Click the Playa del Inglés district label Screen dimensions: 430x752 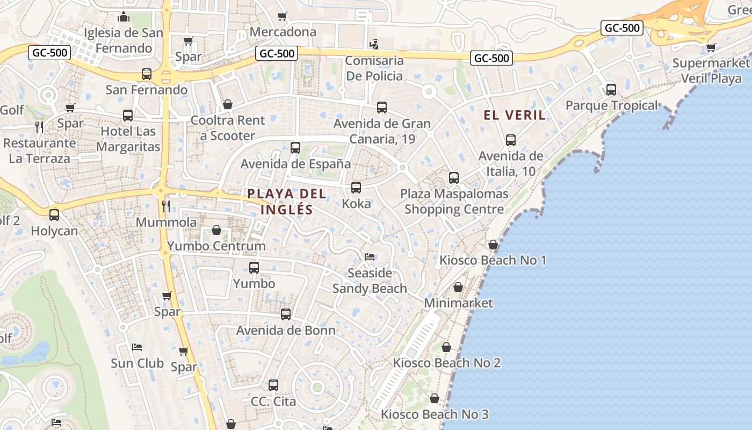click(x=286, y=201)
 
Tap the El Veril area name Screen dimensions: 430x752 click(x=515, y=115)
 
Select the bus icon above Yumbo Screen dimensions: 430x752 click(x=254, y=267)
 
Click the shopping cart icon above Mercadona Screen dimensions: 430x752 click(x=283, y=16)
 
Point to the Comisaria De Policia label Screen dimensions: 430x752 click(x=374, y=68)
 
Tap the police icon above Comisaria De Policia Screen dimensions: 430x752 click(x=374, y=44)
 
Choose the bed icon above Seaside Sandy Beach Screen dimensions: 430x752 click(x=370, y=256)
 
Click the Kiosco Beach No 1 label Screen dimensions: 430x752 click(x=493, y=261)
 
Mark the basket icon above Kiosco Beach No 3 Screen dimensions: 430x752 click(x=435, y=398)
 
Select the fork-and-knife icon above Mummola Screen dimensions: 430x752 click(x=166, y=206)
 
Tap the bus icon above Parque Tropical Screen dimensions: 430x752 click(x=611, y=89)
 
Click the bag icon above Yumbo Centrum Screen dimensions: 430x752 click(x=216, y=230)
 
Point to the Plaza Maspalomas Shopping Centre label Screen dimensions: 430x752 click(x=454, y=201)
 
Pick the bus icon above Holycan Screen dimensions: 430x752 click(x=54, y=214)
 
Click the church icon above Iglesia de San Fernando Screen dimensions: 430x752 click(x=124, y=17)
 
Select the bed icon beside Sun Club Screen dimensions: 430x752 click(x=137, y=347)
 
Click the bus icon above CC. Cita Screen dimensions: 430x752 click(x=273, y=385)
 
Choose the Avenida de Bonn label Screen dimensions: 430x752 click(x=286, y=331)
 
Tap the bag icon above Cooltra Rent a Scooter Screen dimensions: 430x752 click(x=228, y=104)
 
